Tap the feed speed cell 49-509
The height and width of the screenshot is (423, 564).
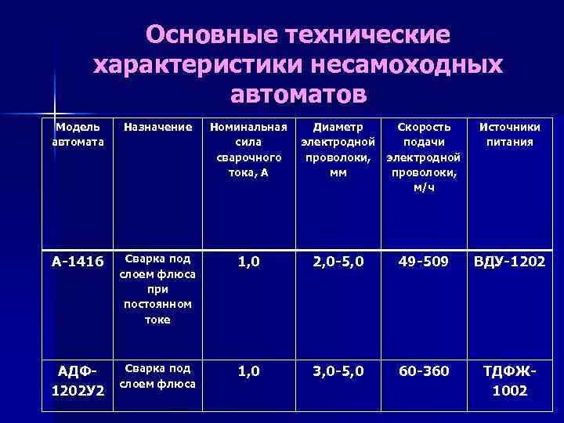(424, 260)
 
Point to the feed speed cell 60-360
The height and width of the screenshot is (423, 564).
(424, 371)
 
